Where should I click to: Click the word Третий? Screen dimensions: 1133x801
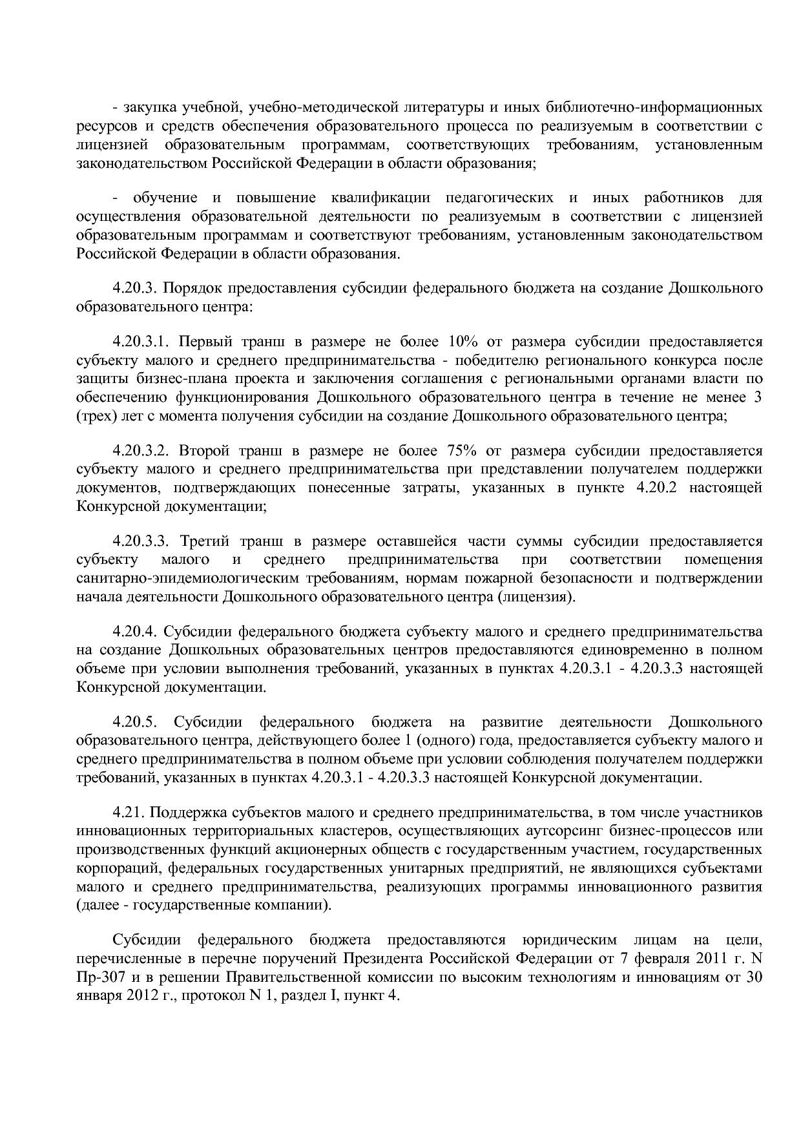[x=202, y=541]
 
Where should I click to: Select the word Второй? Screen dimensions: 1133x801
[x=202, y=451]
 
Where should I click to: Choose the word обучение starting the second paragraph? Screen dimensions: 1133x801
[x=161, y=198]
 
